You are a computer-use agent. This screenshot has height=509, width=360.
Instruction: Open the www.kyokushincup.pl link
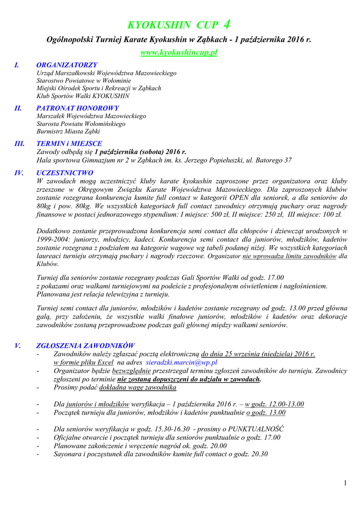click(179, 52)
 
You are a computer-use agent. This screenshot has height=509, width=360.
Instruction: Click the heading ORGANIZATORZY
click(67, 65)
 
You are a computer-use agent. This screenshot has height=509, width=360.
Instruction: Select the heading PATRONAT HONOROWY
click(78, 108)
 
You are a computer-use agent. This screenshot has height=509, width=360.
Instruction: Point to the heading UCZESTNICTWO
click(65, 173)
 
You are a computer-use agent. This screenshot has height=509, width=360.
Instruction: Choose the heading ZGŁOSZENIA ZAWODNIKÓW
click(85, 345)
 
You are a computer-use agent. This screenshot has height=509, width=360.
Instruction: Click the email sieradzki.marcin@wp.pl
click(182, 362)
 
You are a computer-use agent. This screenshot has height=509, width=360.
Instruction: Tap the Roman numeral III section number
click(20, 144)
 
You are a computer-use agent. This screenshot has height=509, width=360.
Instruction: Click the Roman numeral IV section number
click(20, 173)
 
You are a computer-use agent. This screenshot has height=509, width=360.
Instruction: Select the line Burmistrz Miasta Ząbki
click(69, 132)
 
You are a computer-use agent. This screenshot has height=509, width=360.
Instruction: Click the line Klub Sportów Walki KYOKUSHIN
click(83, 96)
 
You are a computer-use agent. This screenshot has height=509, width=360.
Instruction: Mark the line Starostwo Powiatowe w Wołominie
click(84, 81)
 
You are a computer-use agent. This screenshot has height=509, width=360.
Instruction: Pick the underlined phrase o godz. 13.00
click(266, 413)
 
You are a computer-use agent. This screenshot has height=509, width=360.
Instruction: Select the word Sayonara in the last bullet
click(68, 454)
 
